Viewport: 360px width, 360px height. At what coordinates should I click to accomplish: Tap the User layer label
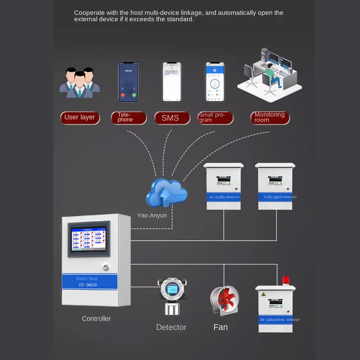80,117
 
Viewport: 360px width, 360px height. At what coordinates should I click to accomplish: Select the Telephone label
129,117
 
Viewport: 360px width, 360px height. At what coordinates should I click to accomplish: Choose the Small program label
215,117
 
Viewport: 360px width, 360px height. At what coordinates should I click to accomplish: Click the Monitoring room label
270,117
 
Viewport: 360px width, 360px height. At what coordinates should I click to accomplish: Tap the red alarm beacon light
286,280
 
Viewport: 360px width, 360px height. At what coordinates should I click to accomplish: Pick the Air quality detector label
224,197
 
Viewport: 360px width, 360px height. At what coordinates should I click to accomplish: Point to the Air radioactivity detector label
280,320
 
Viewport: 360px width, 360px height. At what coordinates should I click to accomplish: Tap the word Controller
96,319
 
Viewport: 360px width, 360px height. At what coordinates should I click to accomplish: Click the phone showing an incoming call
129,82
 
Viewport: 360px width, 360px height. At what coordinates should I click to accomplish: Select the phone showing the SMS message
172,82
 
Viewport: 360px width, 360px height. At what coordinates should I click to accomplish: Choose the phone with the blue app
215,82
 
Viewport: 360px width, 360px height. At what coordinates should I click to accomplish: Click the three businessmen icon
80,83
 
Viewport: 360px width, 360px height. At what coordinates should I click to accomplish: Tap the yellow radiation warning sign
263,294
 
